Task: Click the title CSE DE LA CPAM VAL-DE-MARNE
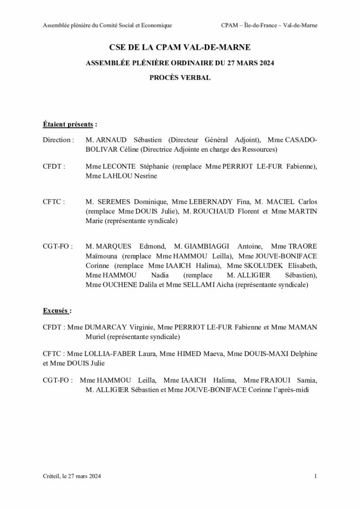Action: (180, 48)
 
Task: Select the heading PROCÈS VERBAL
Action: (180, 78)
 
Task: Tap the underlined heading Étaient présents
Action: (69, 123)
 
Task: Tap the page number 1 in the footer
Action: (316, 477)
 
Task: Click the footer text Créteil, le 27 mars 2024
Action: (72, 477)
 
